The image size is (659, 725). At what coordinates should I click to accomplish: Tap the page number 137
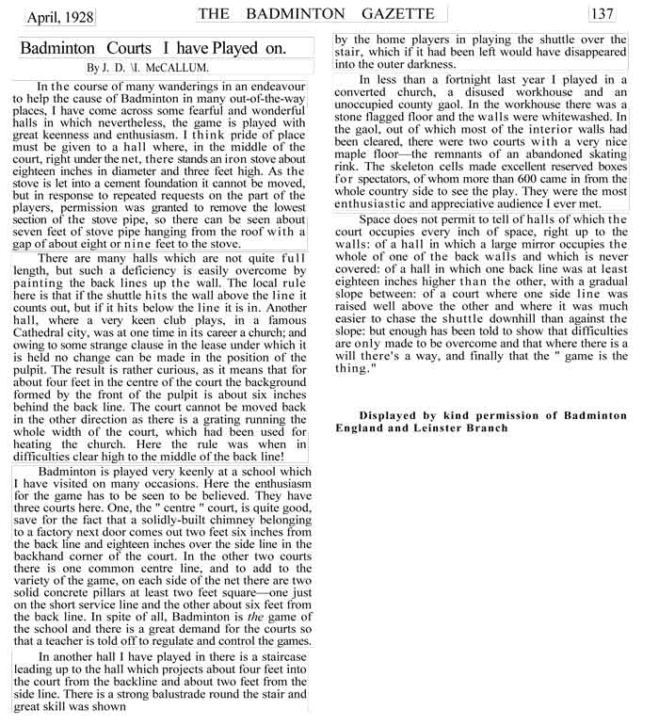coord(602,13)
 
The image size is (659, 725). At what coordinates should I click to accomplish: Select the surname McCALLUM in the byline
coord(181,68)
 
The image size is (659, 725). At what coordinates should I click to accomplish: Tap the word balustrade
coord(206,695)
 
